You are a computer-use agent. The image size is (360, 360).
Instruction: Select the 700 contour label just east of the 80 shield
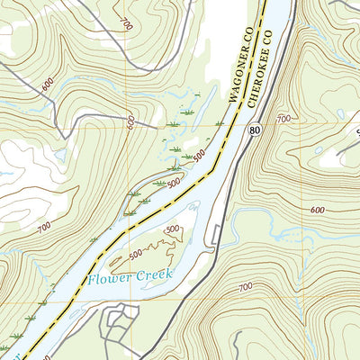284,119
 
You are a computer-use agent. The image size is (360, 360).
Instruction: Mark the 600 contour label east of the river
317,210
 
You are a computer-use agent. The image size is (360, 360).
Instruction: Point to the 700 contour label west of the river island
44,230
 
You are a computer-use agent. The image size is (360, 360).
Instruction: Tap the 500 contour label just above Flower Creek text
135,255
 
